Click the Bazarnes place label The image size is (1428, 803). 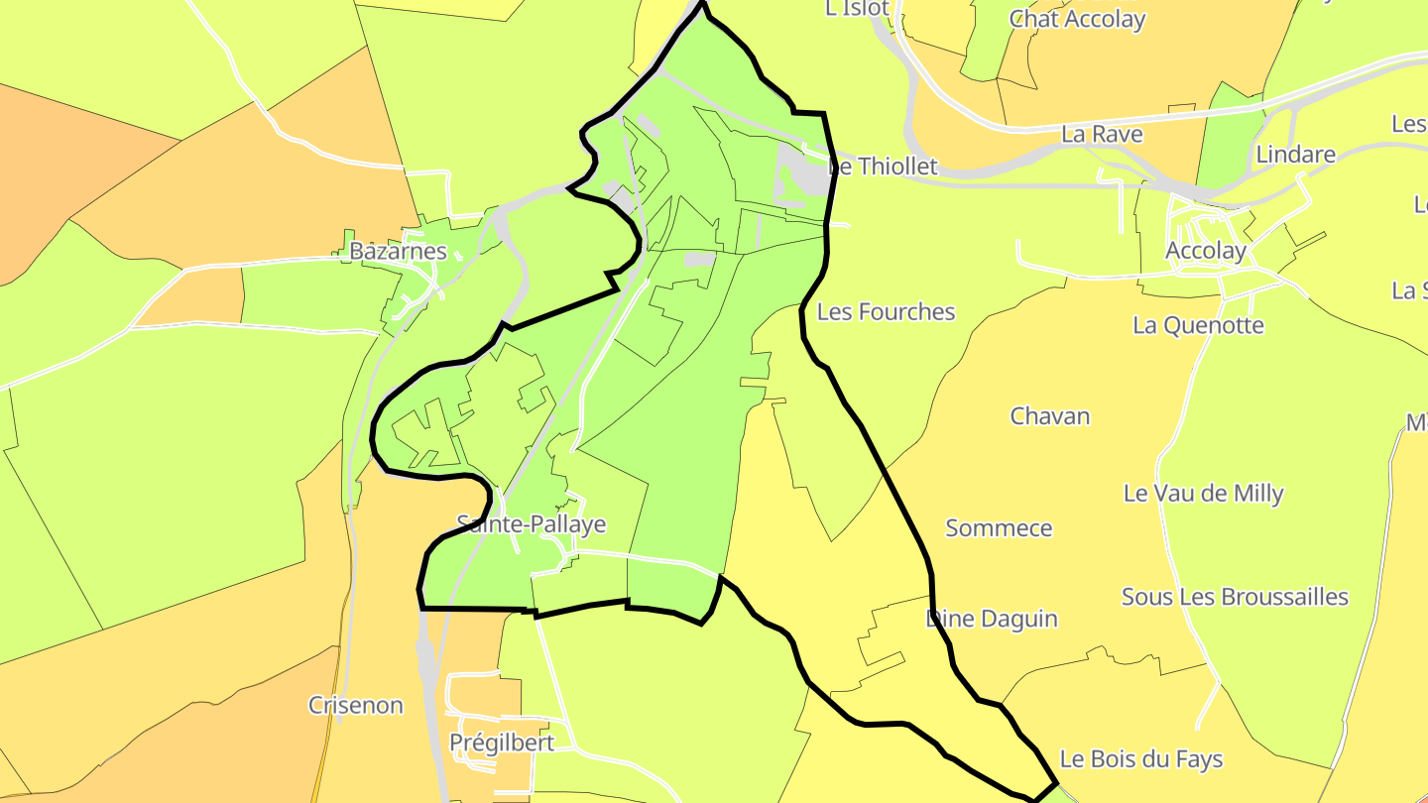pyautogui.click(x=398, y=251)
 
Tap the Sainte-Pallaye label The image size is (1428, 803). pyautogui.click(x=531, y=523)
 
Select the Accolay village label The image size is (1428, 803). pyautogui.click(x=1206, y=251)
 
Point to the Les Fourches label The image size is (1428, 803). pyautogui.click(x=886, y=311)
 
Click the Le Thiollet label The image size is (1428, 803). pyautogui.click(x=883, y=166)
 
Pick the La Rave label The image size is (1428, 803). pyautogui.click(x=1102, y=134)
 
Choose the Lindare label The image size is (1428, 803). pyautogui.click(x=1295, y=155)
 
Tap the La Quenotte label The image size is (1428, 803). pyautogui.click(x=1198, y=325)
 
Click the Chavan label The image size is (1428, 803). pyautogui.click(x=1049, y=415)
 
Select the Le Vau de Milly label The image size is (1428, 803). pyautogui.click(x=1203, y=493)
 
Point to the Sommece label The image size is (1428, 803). pyautogui.click(x=999, y=527)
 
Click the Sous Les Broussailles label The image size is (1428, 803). pyautogui.click(x=1235, y=597)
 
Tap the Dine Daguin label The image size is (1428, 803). pyautogui.click(x=992, y=619)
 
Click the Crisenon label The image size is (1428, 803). pyautogui.click(x=355, y=705)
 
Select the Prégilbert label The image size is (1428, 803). pyautogui.click(x=501, y=743)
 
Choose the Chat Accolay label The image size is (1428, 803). pyautogui.click(x=1077, y=19)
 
